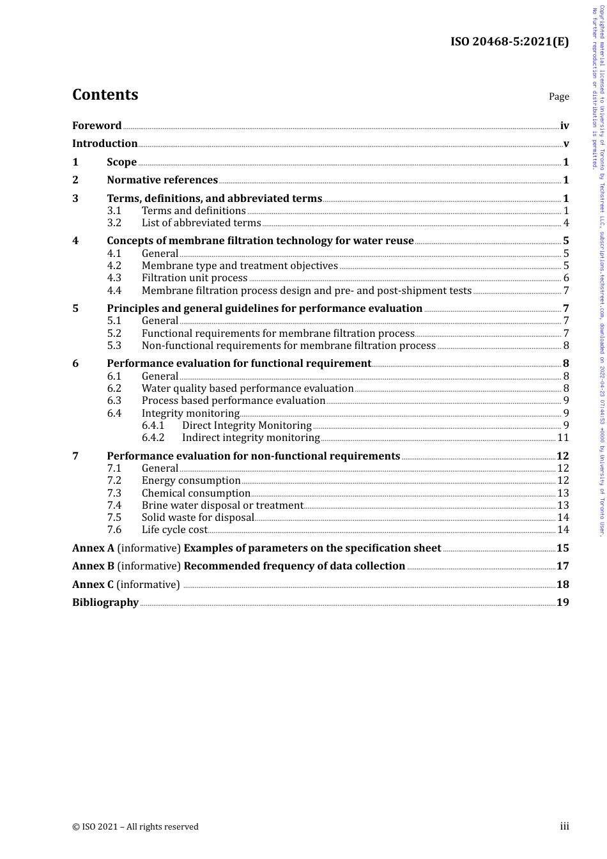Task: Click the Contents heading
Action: tap(105, 95)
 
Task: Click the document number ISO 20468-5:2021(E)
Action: tap(509, 42)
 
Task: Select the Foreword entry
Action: tap(96, 126)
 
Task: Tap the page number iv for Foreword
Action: tap(564, 126)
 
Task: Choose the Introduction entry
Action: tap(105, 144)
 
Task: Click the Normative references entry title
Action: tap(162, 180)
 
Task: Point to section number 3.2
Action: tap(114, 223)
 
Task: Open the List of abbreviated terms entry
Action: tap(201, 223)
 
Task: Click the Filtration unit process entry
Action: tap(194, 278)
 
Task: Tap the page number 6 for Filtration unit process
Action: tap(566, 278)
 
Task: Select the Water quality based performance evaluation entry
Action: tap(247, 389)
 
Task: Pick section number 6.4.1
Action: tap(153, 426)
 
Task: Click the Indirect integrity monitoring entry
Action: tap(250, 438)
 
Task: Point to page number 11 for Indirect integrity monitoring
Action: tap(563, 438)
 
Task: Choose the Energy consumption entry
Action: tap(191, 481)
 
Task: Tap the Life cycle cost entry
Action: tap(174, 530)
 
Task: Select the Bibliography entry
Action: tap(105, 603)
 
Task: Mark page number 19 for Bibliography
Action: tap(563, 603)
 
